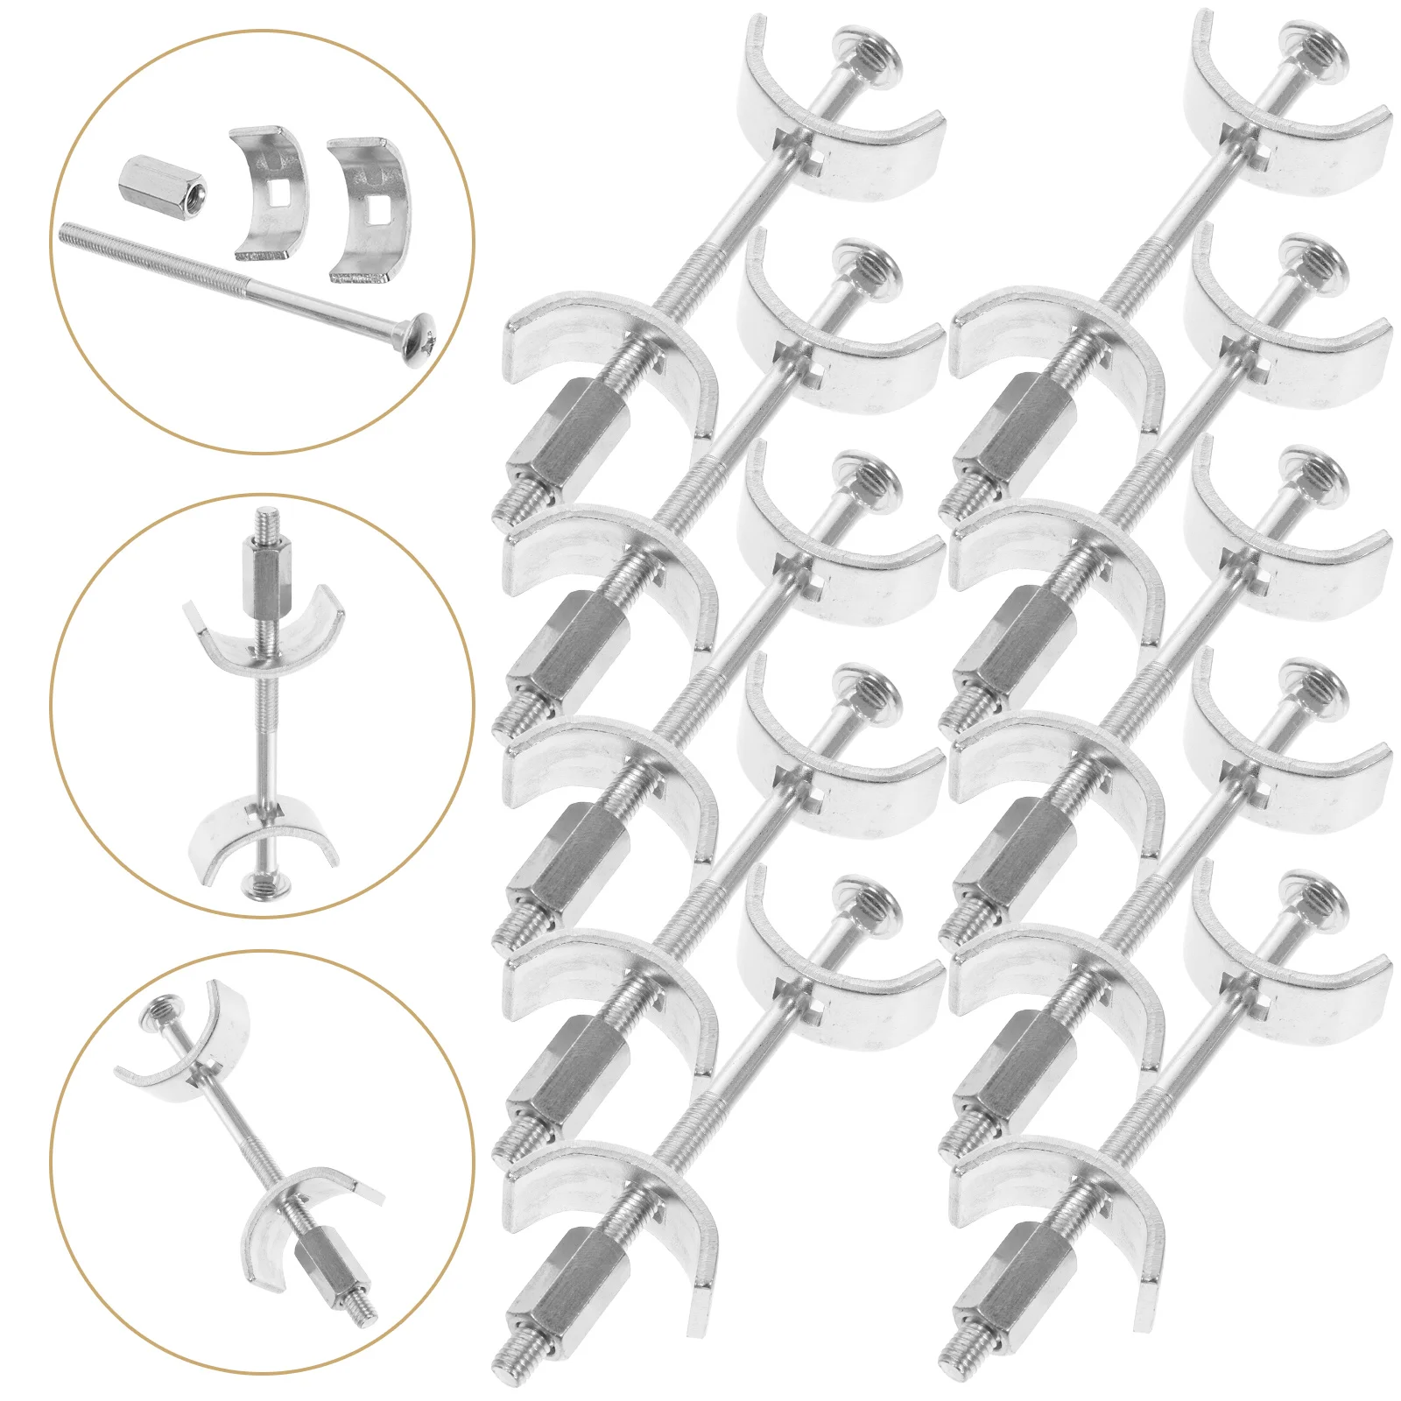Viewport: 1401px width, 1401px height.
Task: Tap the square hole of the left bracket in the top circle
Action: [x=278, y=194]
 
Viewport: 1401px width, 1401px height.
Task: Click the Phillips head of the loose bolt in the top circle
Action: [x=419, y=328]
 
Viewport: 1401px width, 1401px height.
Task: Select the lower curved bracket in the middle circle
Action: [x=264, y=835]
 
